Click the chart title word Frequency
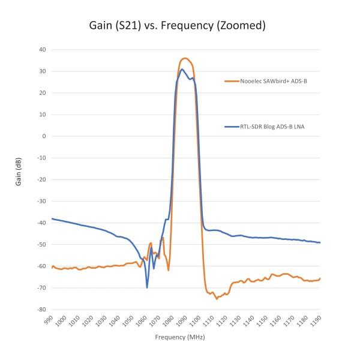click(x=187, y=26)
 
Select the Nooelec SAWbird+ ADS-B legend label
click(x=274, y=81)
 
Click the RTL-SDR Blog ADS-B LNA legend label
click(x=272, y=127)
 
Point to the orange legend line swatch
click(x=232, y=81)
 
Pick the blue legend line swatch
click(x=232, y=127)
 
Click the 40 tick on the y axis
click(x=43, y=50)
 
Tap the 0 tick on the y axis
click(x=44, y=136)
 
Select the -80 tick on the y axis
click(x=41, y=309)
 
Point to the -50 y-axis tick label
click(x=41, y=244)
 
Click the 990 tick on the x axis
click(x=49, y=320)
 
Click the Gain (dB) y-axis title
click(x=18, y=172)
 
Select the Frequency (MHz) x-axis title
click(x=180, y=337)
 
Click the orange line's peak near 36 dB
click(x=185, y=58)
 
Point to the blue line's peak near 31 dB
click(x=182, y=69)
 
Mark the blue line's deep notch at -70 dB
click(x=147, y=287)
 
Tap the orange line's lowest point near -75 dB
click(x=217, y=299)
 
